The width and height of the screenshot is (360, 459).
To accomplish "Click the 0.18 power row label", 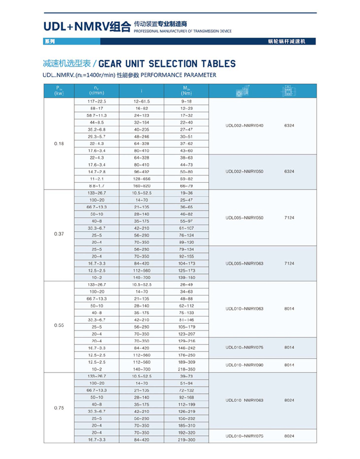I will [x=59, y=144].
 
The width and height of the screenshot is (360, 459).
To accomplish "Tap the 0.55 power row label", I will [x=59, y=326].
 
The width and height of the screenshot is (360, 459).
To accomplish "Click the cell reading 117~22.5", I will [x=96, y=101].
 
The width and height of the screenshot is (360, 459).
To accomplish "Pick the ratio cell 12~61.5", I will [x=142, y=101].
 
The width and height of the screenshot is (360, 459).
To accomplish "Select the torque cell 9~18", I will [x=186, y=101].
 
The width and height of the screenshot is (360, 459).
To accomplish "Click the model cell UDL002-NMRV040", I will [x=245, y=125].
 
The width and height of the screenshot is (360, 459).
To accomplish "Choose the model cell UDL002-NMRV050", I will [x=245, y=171].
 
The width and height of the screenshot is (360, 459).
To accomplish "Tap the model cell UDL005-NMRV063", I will [x=245, y=264].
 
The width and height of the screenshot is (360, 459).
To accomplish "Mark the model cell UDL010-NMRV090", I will [x=245, y=365].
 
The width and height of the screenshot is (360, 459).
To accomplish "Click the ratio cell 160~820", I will [x=142, y=186].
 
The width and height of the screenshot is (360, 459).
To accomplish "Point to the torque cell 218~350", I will [x=186, y=369].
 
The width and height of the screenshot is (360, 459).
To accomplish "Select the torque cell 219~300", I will [x=186, y=439].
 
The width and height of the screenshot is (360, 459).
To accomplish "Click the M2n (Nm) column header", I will [x=186, y=90].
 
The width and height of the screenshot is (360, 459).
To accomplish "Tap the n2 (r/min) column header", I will [x=96, y=90].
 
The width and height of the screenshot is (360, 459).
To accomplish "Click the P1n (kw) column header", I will [x=59, y=90].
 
